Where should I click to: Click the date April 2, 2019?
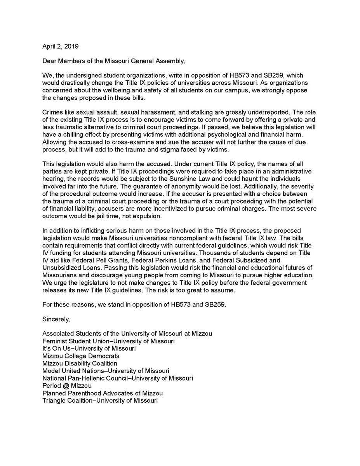[60, 47]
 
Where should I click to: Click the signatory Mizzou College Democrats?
[80, 355]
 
